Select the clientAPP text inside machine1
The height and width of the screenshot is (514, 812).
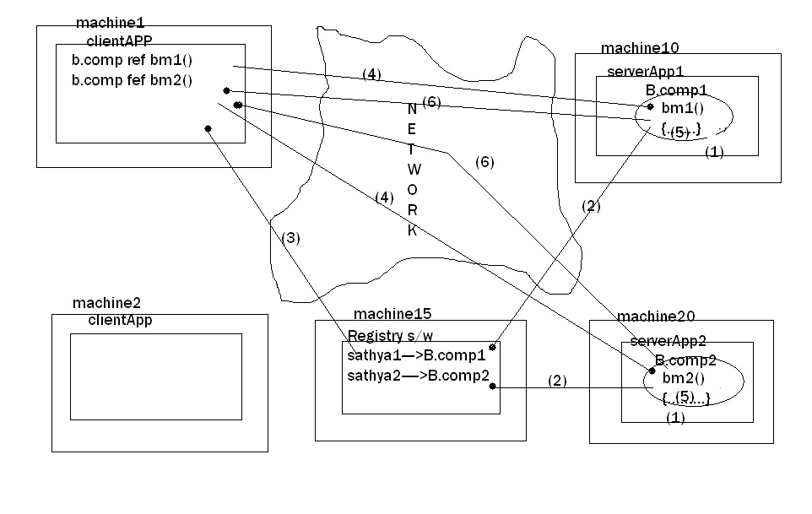[x=119, y=39]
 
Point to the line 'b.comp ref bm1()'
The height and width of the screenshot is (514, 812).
[x=132, y=62]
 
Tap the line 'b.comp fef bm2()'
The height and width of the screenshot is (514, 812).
[x=132, y=81]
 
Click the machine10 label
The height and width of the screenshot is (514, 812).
[x=640, y=48]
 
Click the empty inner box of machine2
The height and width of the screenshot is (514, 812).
[x=155, y=376]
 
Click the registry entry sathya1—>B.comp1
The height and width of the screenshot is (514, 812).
[x=416, y=355]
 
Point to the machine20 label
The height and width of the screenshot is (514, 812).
[x=656, y=317]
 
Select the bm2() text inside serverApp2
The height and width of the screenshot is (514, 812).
[x=681, y=378]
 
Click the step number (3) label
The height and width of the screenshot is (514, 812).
[x=290, y=238]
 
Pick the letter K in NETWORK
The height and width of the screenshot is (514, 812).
[x=413, y=230]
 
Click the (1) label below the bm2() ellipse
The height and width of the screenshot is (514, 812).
[x=676, y=417]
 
